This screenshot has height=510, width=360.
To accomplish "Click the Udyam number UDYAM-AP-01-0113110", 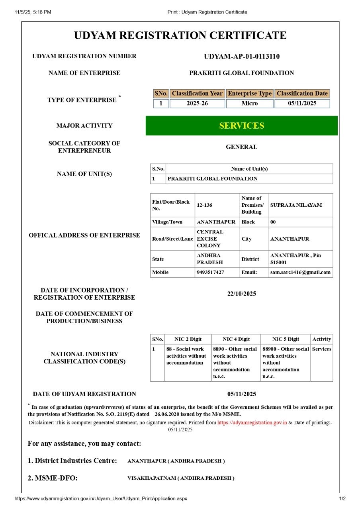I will coord(241,57).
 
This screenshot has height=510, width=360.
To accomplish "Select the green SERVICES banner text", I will coord(241,126).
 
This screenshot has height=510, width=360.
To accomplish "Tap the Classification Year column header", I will coord(197,94).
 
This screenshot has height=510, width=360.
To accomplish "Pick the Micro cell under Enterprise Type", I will coord(250,104).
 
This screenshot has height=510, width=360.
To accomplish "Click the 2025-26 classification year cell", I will coord(197,104).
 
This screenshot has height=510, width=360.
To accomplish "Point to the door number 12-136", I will coord(204,205).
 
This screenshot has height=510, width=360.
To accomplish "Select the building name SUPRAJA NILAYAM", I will coord(296,205).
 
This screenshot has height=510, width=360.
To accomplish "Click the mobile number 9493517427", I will coord(210,273).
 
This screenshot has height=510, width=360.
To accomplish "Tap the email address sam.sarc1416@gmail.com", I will coord(300,273).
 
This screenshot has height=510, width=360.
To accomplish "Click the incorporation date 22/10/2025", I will coord(241,294).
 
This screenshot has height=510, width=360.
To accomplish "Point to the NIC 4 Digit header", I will coord(236,339).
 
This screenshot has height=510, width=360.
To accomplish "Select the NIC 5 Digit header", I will coord(286,339).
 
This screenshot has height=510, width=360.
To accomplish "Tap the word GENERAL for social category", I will coord(241,147).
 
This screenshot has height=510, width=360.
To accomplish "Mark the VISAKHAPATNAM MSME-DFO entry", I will coord(181,478).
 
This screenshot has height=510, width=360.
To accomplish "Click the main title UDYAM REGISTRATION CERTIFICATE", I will coord(180,35).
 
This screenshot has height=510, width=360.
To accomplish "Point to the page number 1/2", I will coord(342,498).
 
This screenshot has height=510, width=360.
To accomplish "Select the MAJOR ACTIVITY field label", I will coord(84,126).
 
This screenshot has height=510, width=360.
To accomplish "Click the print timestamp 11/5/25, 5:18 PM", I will coord(33,12).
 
